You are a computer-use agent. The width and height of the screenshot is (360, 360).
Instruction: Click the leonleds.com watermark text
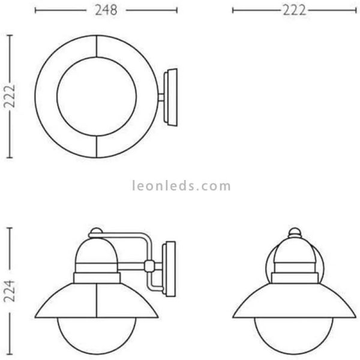181,186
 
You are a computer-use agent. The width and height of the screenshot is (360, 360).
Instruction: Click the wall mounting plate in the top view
170,97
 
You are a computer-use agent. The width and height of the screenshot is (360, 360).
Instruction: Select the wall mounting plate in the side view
170,266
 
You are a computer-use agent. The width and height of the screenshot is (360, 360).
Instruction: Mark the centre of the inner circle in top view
97,97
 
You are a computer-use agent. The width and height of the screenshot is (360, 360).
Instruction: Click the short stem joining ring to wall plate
160,97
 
